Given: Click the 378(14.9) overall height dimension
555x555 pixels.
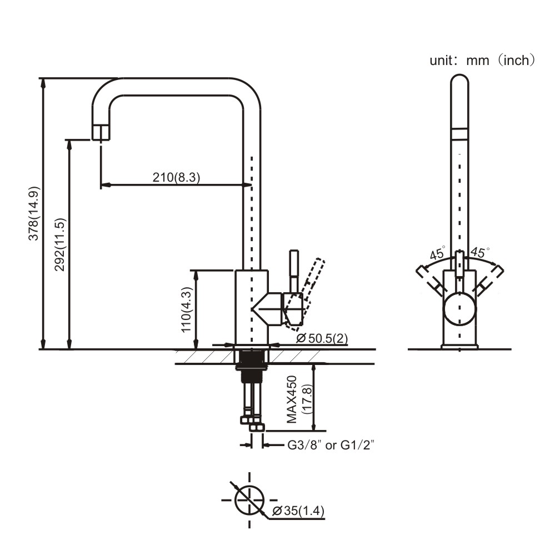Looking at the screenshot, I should [34, 213].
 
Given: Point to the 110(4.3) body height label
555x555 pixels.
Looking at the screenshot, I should [187, 309].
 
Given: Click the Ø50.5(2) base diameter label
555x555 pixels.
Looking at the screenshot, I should [322, 338].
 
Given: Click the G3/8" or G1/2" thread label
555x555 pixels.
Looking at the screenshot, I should [329, 445].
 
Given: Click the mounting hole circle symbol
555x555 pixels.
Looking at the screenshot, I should [248, 499].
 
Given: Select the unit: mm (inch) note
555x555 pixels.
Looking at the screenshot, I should [482, 60].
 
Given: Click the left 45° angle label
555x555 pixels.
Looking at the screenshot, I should [437, 254].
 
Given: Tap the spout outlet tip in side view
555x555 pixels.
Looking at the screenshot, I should [100, 133].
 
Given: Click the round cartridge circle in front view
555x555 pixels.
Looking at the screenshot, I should [459, 309].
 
